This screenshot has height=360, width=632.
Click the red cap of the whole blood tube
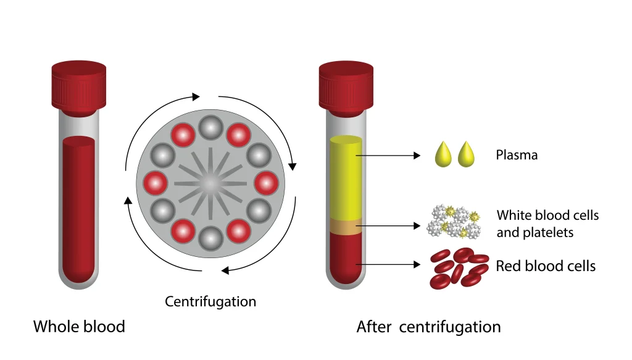pos(78,83)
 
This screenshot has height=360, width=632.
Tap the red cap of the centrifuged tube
pos(346,83)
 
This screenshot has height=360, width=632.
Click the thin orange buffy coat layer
pos(346,227)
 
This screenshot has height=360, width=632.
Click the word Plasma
pos(517,155)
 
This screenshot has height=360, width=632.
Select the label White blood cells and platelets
pos(547,224)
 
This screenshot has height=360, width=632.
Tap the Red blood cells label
pos(546,266)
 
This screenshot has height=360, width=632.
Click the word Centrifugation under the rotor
pos(210,302)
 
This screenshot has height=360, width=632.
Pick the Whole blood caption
pos(79,326)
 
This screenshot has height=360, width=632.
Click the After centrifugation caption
pos(428,327)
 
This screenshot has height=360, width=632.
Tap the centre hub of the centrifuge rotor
pos(210,183)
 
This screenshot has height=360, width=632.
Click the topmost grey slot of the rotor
pos(210,128)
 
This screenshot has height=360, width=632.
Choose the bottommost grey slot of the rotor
pos(210,238)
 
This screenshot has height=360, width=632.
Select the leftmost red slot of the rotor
pos(155,183)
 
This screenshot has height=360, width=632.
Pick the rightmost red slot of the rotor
pos(266,183)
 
